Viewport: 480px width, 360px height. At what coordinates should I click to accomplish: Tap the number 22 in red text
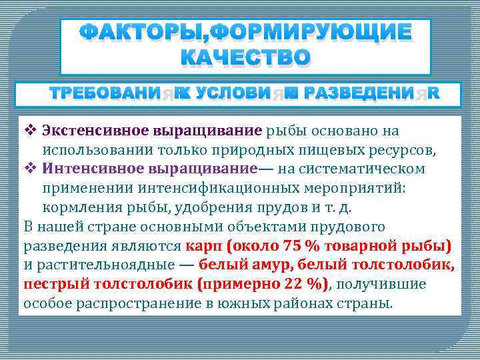click(293, 285)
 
